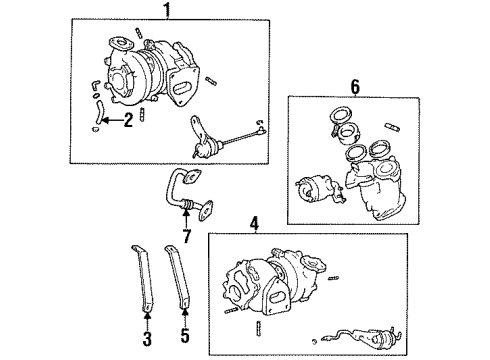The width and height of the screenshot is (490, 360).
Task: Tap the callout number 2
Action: [x=128, y=121]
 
